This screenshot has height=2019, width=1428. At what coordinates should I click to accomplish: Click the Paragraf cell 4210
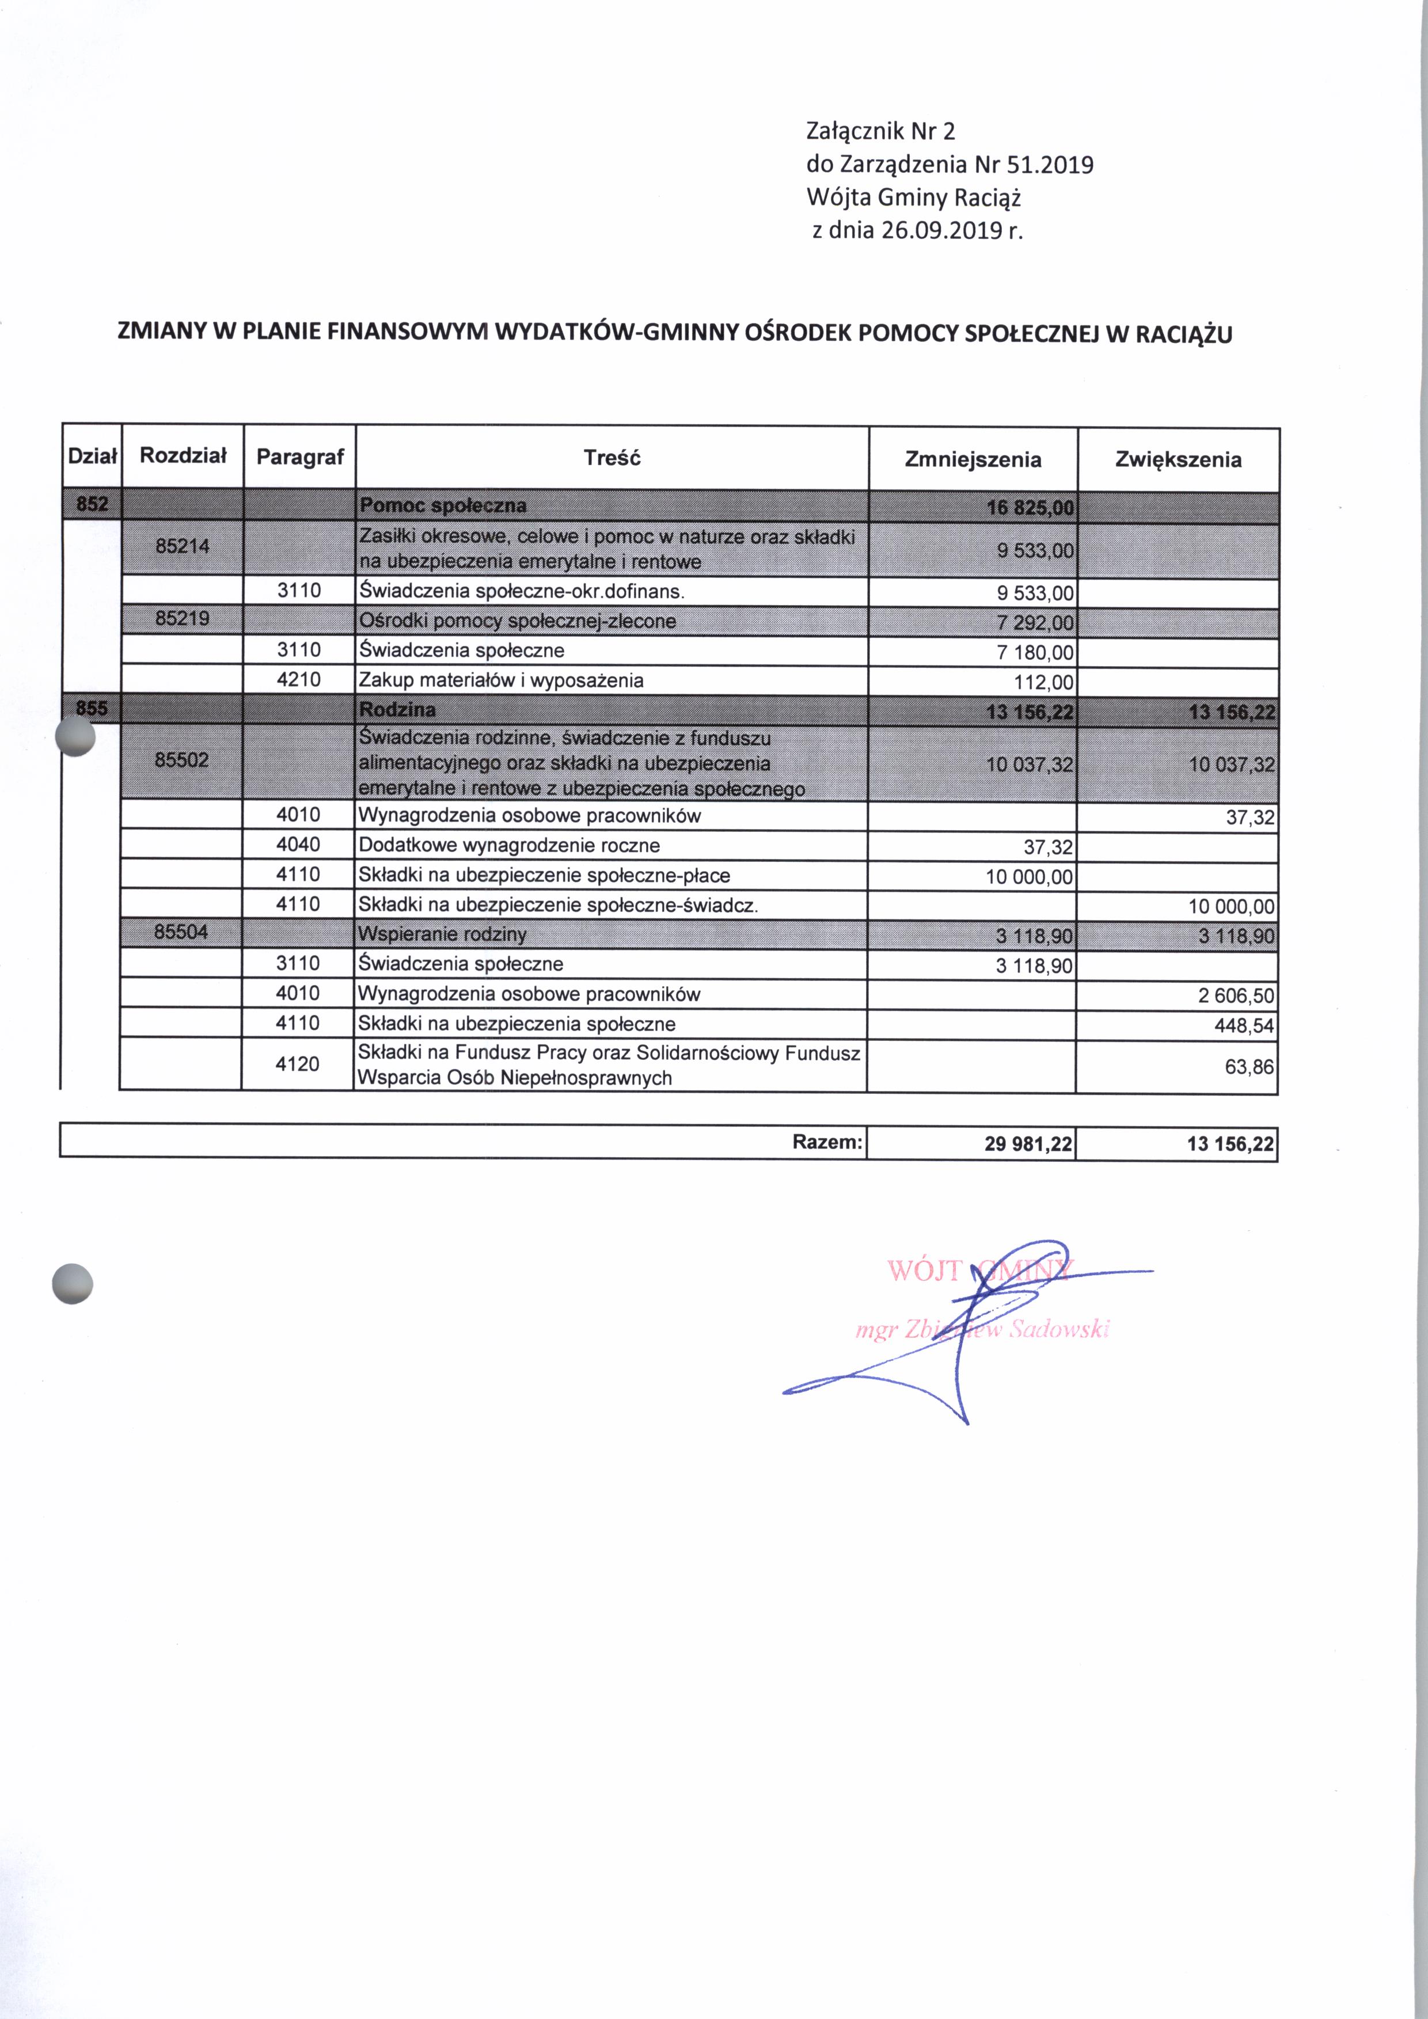(x=299, y=680)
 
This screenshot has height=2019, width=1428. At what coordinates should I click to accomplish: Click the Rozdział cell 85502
(x=182, y=760)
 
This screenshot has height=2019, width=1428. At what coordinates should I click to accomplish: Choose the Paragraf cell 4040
(x=298, y=845)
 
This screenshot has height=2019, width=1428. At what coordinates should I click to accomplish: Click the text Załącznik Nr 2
(x=880, y=132)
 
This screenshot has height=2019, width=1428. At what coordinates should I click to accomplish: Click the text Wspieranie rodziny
(x=442, y=934)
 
